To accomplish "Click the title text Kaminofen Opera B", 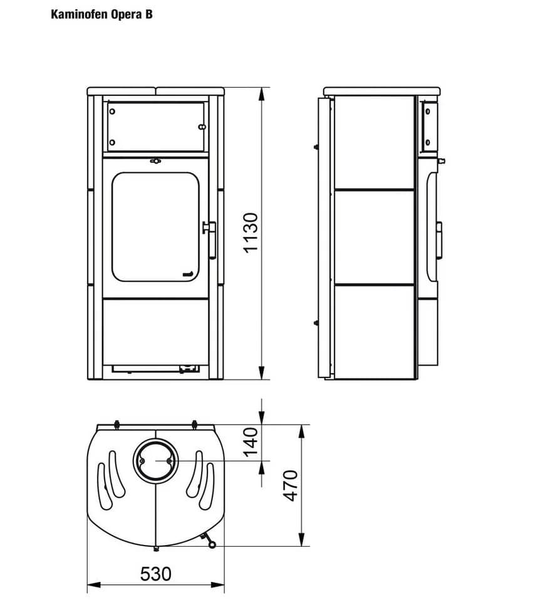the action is tap(101, 14).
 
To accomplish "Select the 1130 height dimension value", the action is tap(251, 233).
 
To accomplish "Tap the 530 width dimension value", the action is tap(156, 574).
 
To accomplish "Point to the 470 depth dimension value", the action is tap(291, 485).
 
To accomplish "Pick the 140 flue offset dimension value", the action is tap(251, 442).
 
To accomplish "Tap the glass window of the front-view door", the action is tap(156, 227).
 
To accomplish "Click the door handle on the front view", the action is tap(210, 240).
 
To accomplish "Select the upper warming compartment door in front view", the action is tap(156, 127).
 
